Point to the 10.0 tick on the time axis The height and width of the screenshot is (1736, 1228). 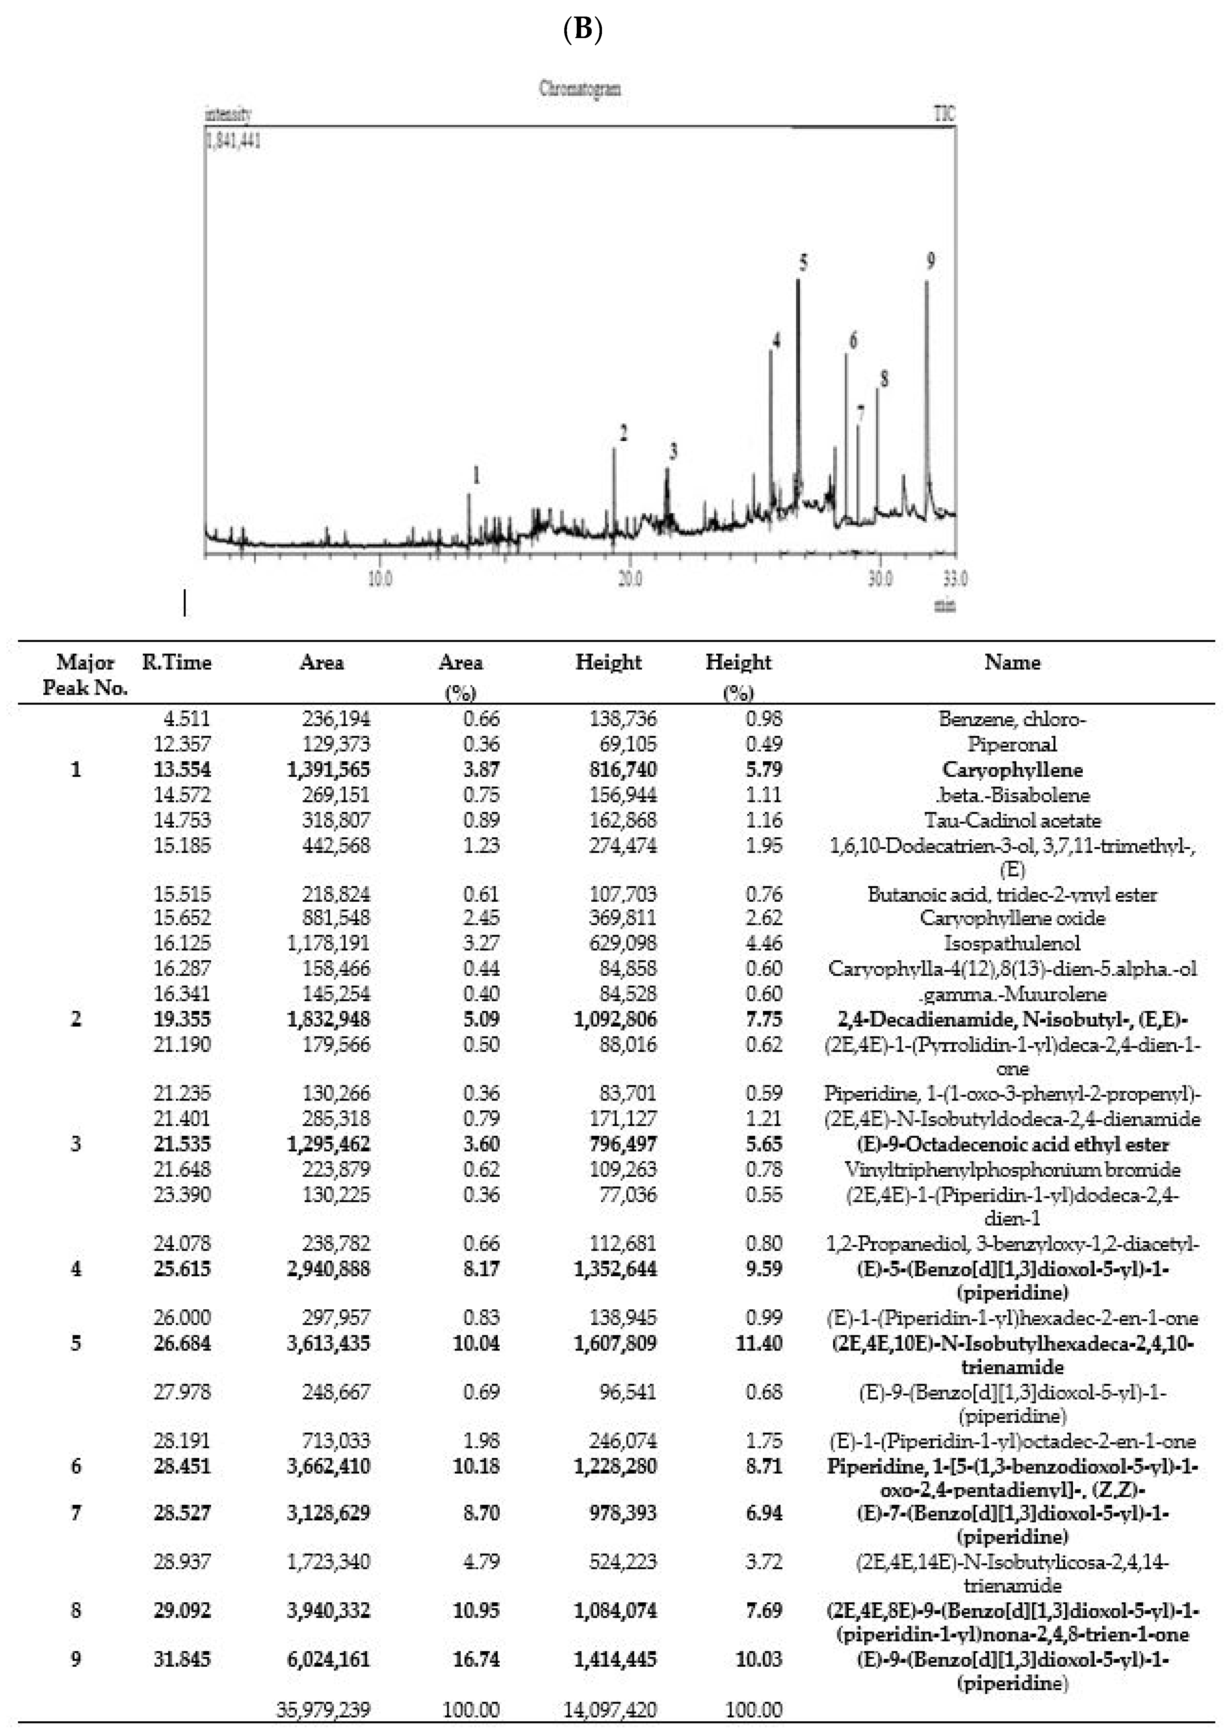point(380,579)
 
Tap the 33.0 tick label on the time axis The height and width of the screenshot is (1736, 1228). point(955,579)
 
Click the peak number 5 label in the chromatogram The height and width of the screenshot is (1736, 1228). point(803,262)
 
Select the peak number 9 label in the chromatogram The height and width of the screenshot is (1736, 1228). point(931,261)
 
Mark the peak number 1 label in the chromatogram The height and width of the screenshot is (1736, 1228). point(476,475)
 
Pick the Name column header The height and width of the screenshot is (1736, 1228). point(1012,663)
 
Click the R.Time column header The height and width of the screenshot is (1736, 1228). point(176,663)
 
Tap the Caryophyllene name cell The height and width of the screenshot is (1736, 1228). point(1012,769)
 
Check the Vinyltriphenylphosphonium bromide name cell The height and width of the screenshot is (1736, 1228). point(1012,1170)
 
